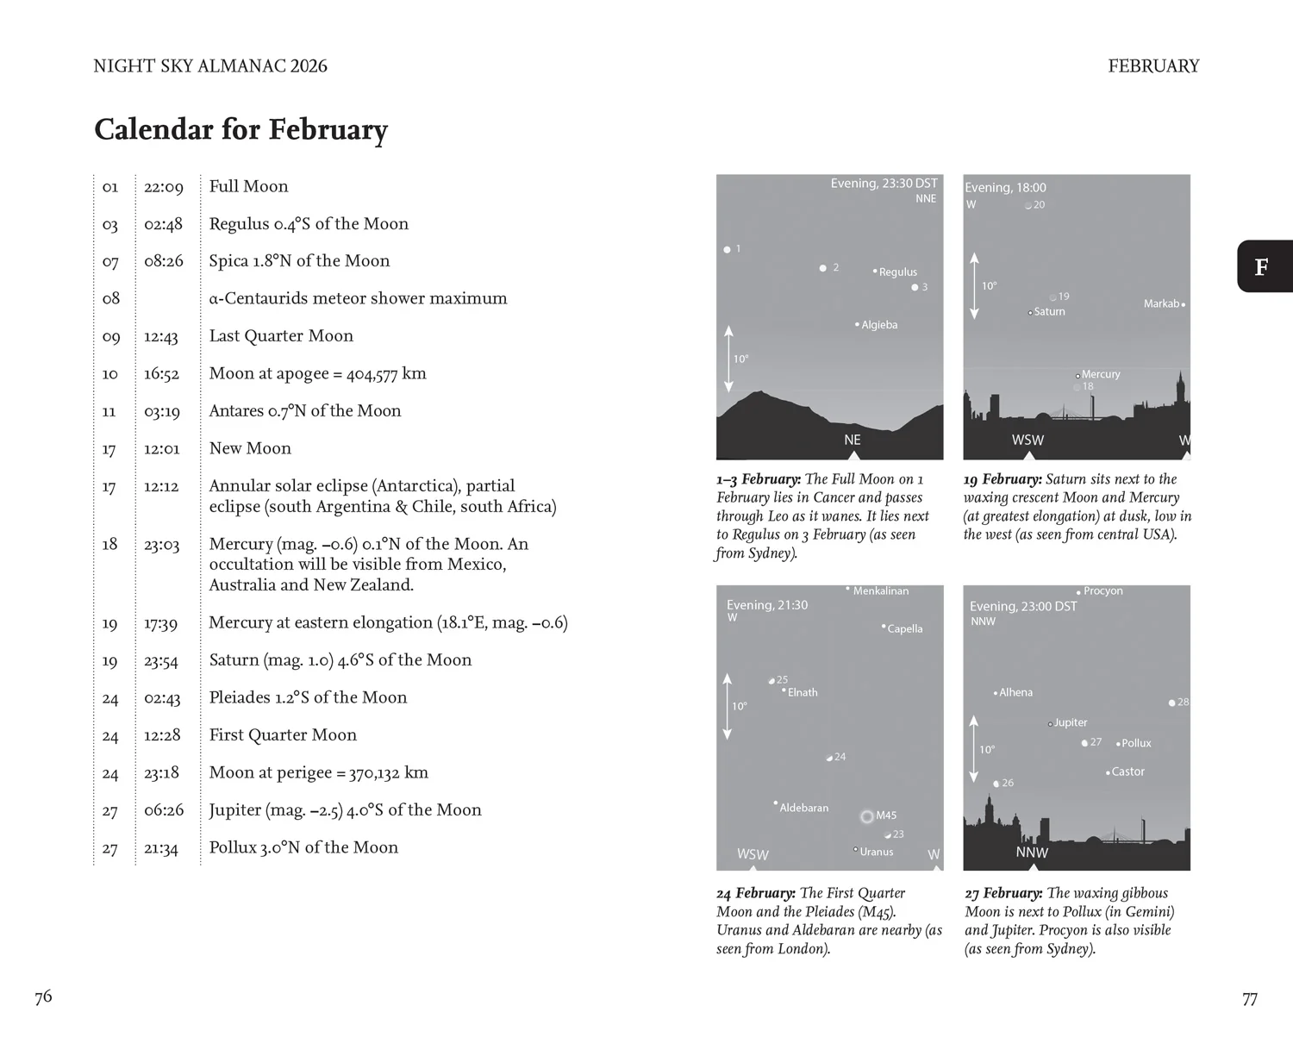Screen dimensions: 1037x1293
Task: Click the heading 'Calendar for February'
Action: pos(240,129)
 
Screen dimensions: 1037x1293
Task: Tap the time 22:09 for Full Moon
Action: pos(163,187)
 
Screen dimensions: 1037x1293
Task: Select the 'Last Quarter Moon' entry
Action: pos(281,336)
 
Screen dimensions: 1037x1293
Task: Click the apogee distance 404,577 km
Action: pos(386,374)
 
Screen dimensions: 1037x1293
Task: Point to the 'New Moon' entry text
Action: pos(250,449)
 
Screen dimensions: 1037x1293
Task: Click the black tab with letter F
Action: pos(1263,266)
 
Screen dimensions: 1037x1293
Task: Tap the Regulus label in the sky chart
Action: pos(897,272)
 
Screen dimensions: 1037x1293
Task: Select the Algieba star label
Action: pos(879,325)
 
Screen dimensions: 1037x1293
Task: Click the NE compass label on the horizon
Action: pos(853,440)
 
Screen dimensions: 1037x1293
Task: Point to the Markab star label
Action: pos(1161,303)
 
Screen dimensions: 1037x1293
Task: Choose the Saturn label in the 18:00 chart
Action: pos(1049,312)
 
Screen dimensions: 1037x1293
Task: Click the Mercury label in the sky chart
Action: pos(1100,374)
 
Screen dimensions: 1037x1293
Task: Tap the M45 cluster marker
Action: pos(867,816)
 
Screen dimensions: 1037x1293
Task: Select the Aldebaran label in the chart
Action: pos(803,808)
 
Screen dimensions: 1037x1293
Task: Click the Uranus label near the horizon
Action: pos(876,852)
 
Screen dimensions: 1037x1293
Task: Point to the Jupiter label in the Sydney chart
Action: pos(1070,722)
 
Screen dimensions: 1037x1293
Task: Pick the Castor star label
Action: pos(1127,772)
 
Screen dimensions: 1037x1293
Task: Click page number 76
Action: pos(43,997)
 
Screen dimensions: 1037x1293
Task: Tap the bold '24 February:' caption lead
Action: pos(756,893)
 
